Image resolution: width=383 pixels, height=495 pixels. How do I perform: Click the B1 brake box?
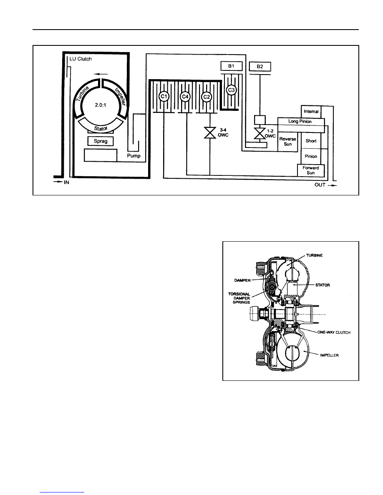[232, 66]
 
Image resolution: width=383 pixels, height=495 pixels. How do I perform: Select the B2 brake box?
[260, 67]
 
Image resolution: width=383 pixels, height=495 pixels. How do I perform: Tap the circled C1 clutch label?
[164, 96]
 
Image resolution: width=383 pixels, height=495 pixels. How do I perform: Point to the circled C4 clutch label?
[185, 96]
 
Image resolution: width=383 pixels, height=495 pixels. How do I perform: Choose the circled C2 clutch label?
[207, 96]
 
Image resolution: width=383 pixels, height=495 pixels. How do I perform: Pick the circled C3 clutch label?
[232, 90]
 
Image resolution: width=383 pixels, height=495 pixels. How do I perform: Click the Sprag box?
[101, 141]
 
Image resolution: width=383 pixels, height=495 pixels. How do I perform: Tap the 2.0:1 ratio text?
[101, 105]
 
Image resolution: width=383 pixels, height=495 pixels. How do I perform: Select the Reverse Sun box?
[288, 141]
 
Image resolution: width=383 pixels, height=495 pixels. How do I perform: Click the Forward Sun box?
[311, 170]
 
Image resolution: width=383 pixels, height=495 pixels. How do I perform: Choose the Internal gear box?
[311, 111]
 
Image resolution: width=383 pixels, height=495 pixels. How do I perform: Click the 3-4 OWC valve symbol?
[210, 132]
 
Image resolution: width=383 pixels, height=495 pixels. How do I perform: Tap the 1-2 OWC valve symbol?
[260, 133]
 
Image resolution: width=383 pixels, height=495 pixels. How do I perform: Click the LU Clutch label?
[80, 59]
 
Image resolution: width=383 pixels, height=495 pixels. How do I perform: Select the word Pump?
[134, 156]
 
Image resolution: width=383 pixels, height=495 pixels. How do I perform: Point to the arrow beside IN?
[58, 182]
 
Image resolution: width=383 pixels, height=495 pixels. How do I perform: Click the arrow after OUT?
[332, 185]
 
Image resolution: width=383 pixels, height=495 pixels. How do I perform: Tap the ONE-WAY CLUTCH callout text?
[334, 332]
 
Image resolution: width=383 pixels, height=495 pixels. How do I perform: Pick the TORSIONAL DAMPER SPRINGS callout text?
[239, 298]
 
